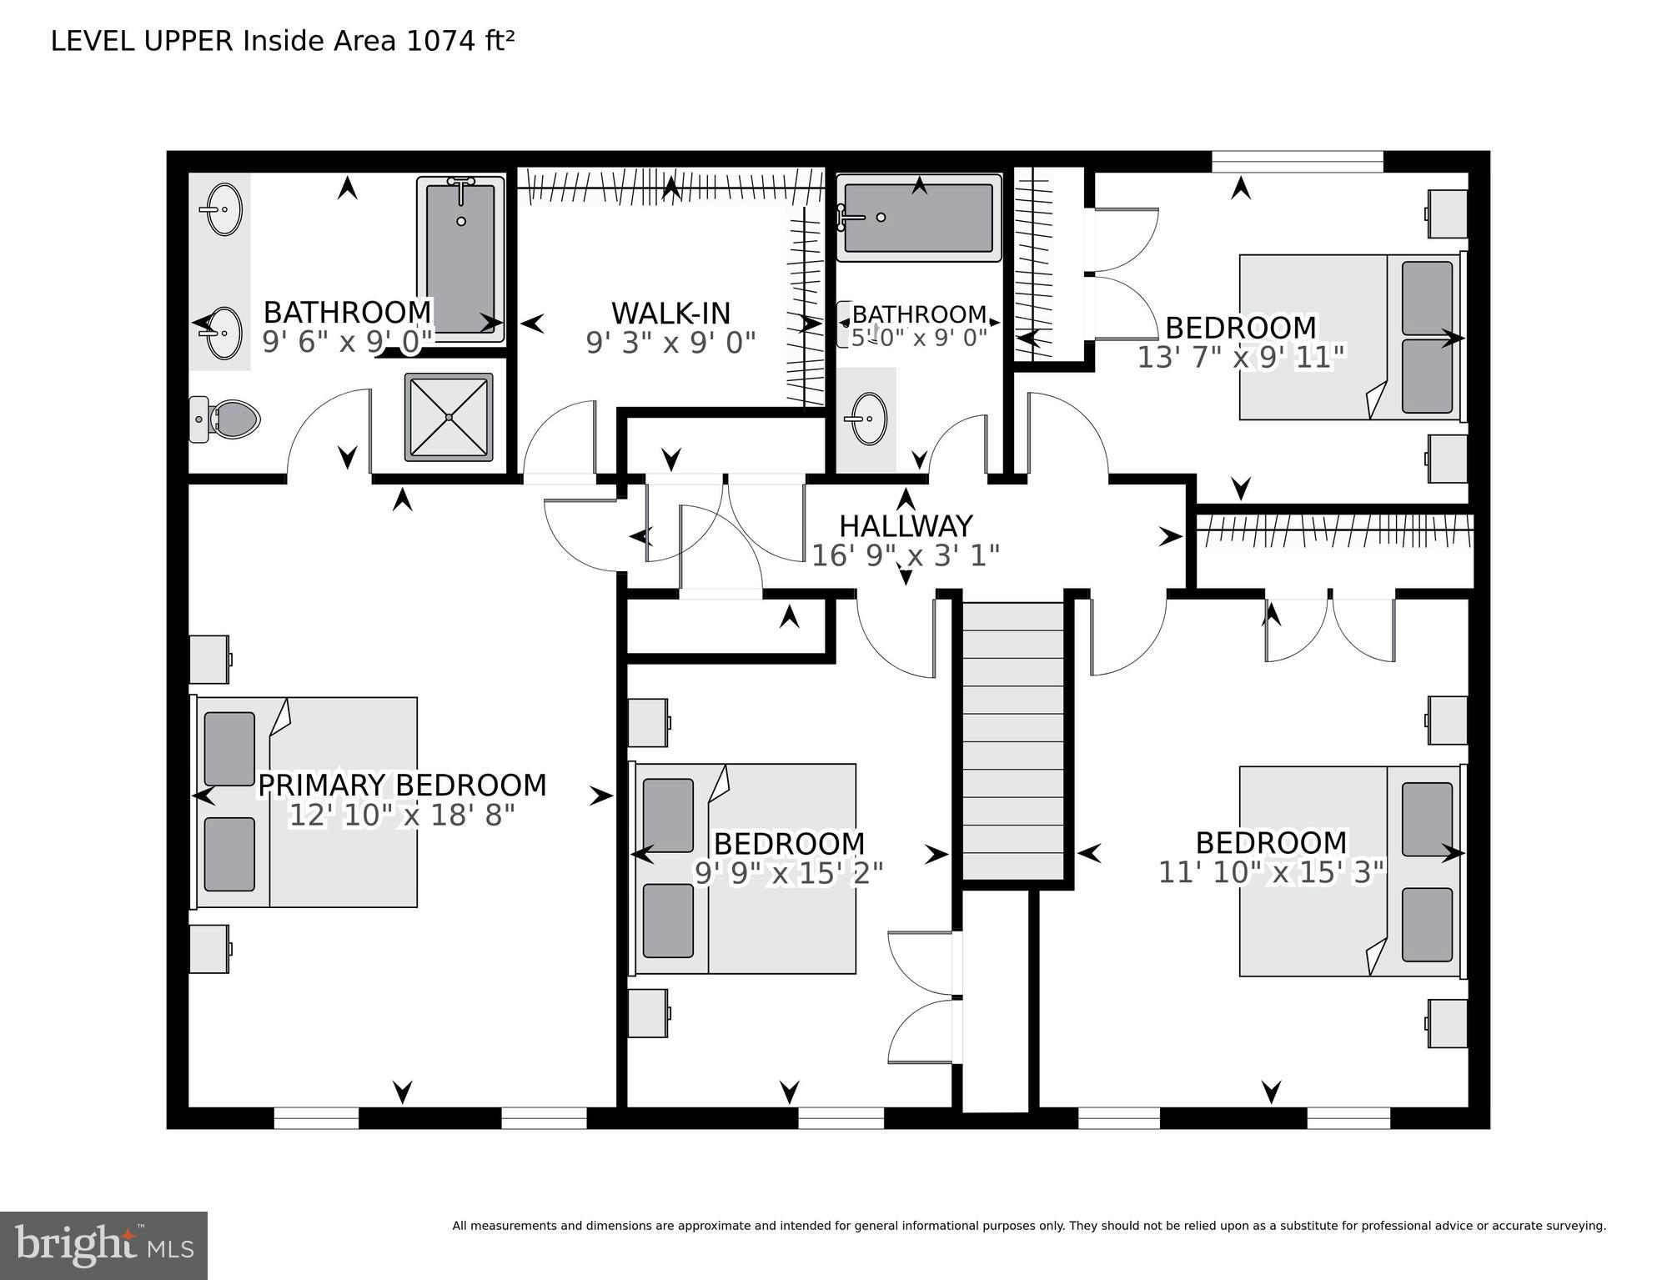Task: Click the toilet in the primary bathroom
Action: tap(227, 419)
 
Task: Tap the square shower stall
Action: tap(449, 417)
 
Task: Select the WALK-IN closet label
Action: tap(670, 314)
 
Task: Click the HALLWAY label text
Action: tap(906, 526)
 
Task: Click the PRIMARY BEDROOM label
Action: tap(402, 786)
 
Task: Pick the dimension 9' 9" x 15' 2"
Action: tap(789, 873)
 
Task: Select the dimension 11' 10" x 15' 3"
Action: tap(1271, 872)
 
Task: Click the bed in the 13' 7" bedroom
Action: tap(1351, 337)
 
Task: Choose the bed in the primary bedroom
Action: tap(307, 802)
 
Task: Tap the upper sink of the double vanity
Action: tap(223, 209)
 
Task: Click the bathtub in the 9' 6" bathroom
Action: tap(460, 259)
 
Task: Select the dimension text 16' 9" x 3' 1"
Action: tap(906, 555)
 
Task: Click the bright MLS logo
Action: tap(103, 1245)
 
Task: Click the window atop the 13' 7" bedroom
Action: tap(1297, 162)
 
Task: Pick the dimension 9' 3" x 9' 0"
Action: tap(670, 343)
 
